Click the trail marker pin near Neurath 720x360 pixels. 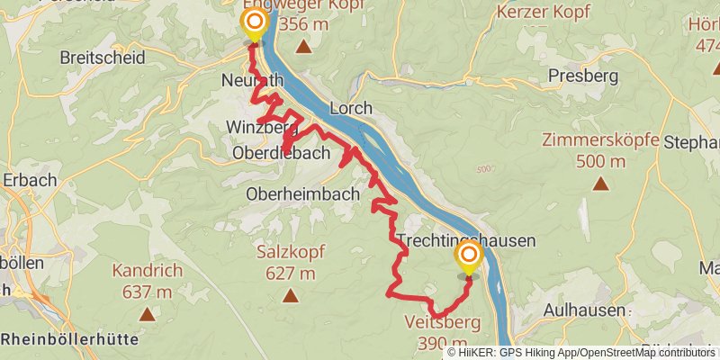pyautogui.click(x=255, y=23)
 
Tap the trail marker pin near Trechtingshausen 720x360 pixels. pyautogui.click(x=469, y=259)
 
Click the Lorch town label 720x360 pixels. pyautogui.click(x=351, y=108)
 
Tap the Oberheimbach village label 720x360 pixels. pyautogui.click(x=302, y=193)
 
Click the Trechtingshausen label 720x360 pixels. pyautogui.click(x=466, y=240)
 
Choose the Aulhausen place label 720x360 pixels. pyautogui.click(x=584, y=310)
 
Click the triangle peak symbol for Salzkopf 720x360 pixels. pyautogui.click(x=290, y=296)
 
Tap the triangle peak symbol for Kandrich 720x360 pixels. pyautogui.click(x=147, y=314)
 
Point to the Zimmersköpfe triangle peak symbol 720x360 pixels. pyautogui.click(x=600, y=184)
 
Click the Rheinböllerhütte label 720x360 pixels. pyautogui.click(x=69, y=339)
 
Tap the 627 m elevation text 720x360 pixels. pyautogui.click(x=285, y=274)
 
